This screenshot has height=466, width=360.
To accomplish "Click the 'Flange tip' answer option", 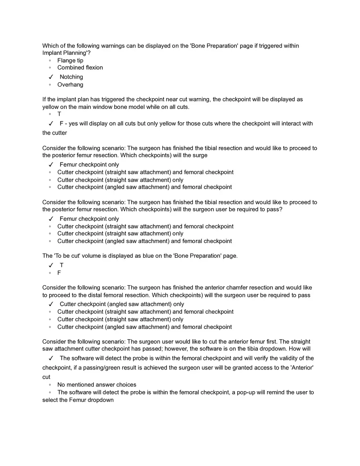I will tap(70, 61).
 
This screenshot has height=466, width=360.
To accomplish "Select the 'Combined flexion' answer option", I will tap(80, 68).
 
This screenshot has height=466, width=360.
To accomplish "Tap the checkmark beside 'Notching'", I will tap(51, 77).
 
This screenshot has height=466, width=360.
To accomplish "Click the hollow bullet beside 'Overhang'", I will tap(49, 85).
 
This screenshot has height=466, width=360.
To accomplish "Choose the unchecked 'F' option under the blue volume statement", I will tap(59, 273).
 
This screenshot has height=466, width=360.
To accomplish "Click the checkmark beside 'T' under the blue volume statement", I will tap(51, 265).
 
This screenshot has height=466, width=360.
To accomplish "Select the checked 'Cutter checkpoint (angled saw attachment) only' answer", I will tap(122, 304).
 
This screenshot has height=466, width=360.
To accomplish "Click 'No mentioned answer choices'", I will tap(97, 385).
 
